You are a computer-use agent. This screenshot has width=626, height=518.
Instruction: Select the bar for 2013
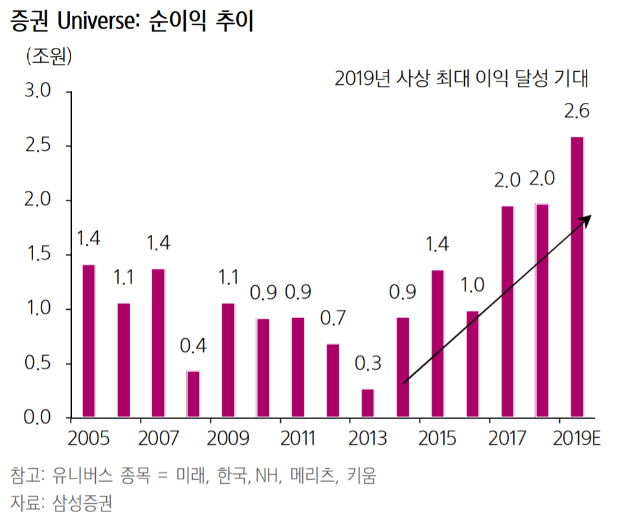(x=368, y=403)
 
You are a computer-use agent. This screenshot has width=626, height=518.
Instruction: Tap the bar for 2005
(x=88, y=341)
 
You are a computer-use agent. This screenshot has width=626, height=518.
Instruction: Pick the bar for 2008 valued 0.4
(x=193, y=394)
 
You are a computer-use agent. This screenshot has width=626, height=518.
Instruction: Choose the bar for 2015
(x=438, y=343)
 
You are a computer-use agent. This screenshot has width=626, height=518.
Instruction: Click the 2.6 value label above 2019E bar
(x=576, y=111)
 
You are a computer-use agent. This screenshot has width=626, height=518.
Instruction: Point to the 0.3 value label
(x=368, y=363)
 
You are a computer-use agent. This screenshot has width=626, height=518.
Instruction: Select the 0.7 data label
(x=333, y=318)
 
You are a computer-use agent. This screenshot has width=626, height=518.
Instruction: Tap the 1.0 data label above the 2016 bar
(x=473, y=285)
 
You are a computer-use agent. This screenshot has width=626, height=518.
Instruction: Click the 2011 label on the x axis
(x=298, y=439)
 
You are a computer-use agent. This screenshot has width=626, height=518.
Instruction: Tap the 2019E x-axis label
(x=578, y=439)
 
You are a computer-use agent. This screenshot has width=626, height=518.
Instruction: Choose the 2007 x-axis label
(x=158, y=439)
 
